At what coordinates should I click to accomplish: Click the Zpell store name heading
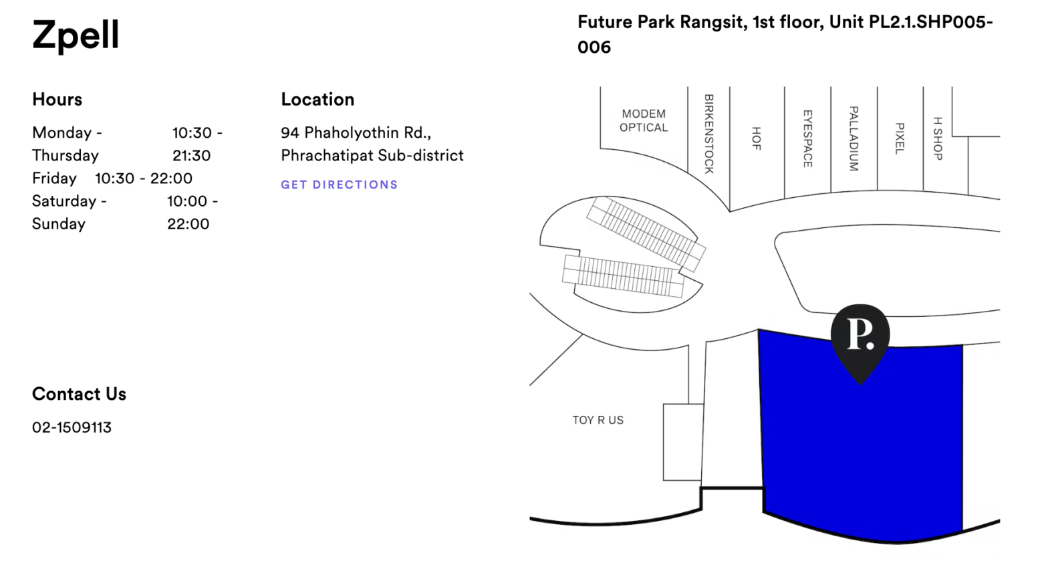[x=76, y=35]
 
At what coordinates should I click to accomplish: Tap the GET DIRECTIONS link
[x=340, y=185]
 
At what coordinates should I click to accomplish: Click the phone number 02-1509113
[x=72, y=427]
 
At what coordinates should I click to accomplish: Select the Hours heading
[x=57, y=100]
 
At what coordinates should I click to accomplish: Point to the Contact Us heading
[x=79, y=394]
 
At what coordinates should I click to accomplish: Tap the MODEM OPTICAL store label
[x=643, y=121]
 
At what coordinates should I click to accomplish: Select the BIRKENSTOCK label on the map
[x=709, y=134]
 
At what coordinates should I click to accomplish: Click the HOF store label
[x=757, y=138]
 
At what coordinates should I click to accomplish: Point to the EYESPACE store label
[x=808, y=138]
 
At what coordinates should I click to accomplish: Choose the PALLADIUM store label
[x=854, y=138]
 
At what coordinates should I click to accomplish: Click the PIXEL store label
[x=900, y=138]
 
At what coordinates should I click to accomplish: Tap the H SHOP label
[x=938, y=138]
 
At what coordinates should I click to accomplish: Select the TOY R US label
[x=598, y=421]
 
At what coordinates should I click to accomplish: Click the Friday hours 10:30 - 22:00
[x=144, y=179]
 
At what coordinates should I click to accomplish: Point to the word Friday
[x=54, y=179]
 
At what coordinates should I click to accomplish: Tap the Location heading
[x=317, y=100]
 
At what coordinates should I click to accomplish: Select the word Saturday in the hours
[x=64, y=201]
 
